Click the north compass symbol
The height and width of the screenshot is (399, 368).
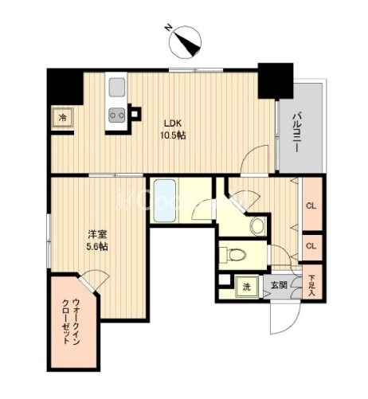click(x=185, y=41)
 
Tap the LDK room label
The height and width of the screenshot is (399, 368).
click(x=173, y=123)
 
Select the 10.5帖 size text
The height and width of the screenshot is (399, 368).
click(x=173, y=135)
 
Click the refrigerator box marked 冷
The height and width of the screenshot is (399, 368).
click(x=63, y=118)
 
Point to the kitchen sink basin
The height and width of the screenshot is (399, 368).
click(x=116, y=87)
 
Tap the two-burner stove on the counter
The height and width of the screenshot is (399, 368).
click(x=117, y=115)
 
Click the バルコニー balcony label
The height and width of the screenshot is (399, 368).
click(x=296, y=132)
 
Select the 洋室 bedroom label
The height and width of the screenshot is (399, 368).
click(x=97, y=234)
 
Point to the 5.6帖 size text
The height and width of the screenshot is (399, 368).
click(x=97, y=247)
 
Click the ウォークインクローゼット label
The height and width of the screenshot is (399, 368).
click(x=71, y=322)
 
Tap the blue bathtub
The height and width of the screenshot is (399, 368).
click(x=165, y=201)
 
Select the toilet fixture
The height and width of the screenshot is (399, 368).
click(x=233, y=255)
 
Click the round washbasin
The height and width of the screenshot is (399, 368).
click(x=257, y=225)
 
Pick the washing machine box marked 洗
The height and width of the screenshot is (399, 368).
click(x=247, y=287)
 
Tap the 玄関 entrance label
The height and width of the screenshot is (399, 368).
click(x=279, y=286)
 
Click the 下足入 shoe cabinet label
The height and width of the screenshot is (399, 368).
click(x=311, y=286)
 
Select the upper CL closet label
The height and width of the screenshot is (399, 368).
click(x=311, y=206)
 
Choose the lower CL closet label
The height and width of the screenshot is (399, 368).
click(x=311, y=246)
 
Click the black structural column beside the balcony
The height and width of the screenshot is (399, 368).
click(x=276, y=81)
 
